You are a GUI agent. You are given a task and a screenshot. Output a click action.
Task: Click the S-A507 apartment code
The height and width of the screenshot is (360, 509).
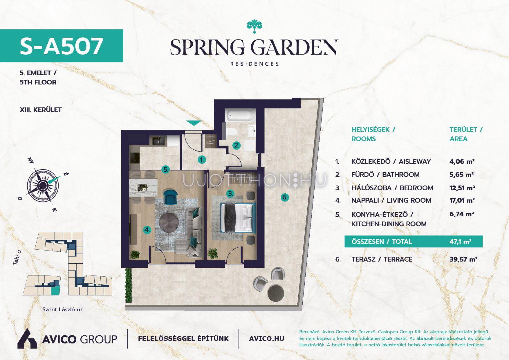coord(61,46)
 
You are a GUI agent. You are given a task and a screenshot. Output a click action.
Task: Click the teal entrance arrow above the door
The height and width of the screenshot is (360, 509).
coord(194,123)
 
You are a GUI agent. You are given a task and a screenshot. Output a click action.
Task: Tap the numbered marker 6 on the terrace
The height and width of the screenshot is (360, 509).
coord(285,197)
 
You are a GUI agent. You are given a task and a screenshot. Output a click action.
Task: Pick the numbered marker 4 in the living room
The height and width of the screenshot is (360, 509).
coord(147,230)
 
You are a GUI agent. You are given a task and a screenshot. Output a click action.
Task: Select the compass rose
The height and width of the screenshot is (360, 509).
coord(42,186)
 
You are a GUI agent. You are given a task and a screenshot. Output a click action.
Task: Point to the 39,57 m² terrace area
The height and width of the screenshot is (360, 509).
coord(463,259)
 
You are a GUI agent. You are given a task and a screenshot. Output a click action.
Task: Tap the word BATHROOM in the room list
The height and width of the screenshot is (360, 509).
coord(401,175)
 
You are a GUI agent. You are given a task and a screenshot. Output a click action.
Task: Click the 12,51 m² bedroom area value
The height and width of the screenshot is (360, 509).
coord(462,188)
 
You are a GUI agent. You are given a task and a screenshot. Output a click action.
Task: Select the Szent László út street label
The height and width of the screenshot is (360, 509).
coord(62,309)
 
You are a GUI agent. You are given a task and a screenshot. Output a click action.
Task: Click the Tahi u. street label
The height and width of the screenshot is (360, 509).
coord(17,257)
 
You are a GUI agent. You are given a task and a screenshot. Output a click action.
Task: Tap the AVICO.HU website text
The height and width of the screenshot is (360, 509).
coord(267,339)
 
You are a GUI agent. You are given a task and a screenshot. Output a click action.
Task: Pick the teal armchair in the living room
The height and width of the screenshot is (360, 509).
coord(170,197)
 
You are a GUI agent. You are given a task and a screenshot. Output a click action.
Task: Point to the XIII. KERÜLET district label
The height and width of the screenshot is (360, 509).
coord(41,110)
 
